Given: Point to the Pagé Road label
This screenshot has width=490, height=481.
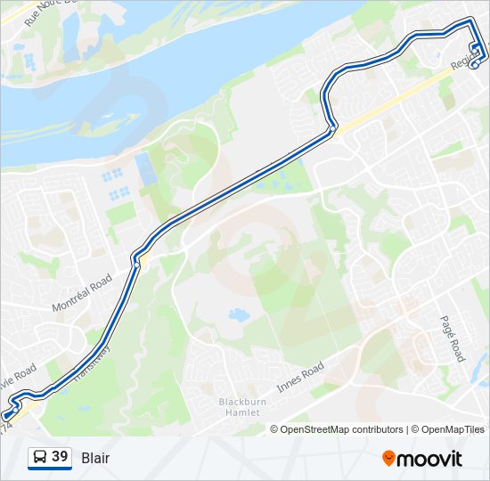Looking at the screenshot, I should [x=453, y=338].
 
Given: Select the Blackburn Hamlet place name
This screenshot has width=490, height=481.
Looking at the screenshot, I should [x=240, y=407].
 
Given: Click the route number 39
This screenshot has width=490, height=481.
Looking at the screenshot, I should [x=60, y=457].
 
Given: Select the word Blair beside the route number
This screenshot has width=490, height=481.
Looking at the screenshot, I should [x=95, y=458].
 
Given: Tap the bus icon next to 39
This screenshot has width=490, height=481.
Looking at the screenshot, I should [x=40, y=458].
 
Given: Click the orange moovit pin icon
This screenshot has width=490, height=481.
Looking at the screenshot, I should [x=388, y=458].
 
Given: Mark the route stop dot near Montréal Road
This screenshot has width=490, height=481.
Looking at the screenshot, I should [x=136, y=263].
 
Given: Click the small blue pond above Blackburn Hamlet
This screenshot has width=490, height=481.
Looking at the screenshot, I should [x=237, y=314].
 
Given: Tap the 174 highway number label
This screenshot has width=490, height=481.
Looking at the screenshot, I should [x=8, y=428].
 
